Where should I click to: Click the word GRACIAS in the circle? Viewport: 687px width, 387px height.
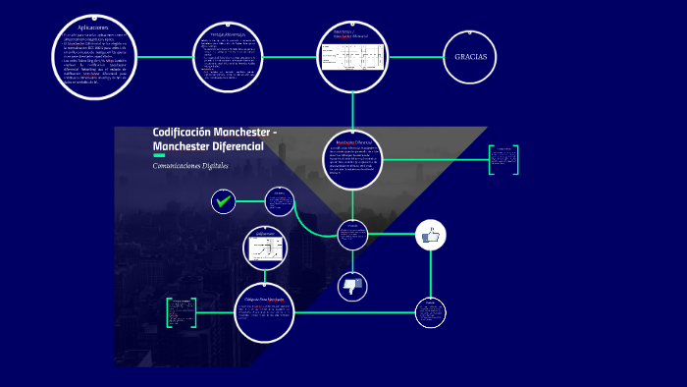[x=470, y=57]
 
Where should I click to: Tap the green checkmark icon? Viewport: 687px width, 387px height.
[x=224, y=202]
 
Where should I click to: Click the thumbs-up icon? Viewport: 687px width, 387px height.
[x=431, y=235]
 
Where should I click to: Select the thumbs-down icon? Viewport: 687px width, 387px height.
[x=352, y=286]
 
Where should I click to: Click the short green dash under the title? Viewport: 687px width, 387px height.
[x=159, y=155]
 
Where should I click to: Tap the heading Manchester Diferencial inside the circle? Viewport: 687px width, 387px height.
[x=351, y=142]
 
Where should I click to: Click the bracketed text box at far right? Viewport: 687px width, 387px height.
[x=504, y=159]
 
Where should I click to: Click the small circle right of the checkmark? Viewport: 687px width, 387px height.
[x=281, y=202]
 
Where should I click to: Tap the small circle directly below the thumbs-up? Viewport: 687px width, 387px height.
[x=430, y=313]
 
